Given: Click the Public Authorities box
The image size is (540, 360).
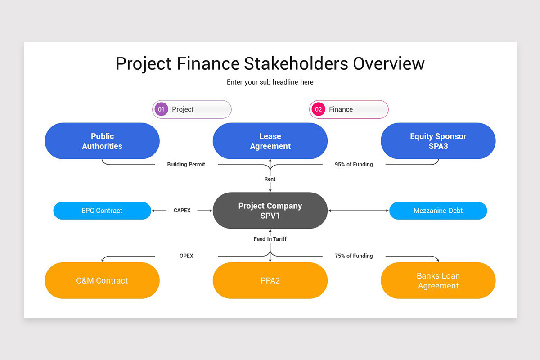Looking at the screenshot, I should [102, 141].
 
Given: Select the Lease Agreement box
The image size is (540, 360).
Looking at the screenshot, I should [270, 141].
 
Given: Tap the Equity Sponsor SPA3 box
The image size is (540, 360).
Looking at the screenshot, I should [438, 141].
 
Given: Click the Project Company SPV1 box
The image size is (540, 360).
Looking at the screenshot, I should [270, 211].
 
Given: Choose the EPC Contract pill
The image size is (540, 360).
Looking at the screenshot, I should [102, 211].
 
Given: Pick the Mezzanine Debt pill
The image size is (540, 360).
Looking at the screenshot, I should [438, 211].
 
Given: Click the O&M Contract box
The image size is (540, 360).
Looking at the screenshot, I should [102, 280].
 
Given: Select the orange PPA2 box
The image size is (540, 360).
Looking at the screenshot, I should [270, 280].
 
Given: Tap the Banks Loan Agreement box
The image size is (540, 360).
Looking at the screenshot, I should [438, 280].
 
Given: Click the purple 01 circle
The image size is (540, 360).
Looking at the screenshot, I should [161, 109].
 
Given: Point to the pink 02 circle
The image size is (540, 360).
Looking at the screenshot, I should [318, 109].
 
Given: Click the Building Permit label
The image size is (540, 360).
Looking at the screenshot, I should [186, 165].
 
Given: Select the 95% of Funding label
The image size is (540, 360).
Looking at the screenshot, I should [354, 165].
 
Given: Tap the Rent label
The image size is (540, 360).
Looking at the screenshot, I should [270, 179].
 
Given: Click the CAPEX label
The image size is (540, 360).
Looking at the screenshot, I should [182, 211].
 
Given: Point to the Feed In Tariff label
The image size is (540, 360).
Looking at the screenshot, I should [270, 239].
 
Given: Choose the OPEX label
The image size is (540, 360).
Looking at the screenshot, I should [186, 256].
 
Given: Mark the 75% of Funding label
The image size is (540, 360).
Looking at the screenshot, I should [354, 256].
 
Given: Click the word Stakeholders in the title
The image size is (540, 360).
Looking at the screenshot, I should [296, 63].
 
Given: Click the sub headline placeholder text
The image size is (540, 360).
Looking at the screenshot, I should [270, 82].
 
